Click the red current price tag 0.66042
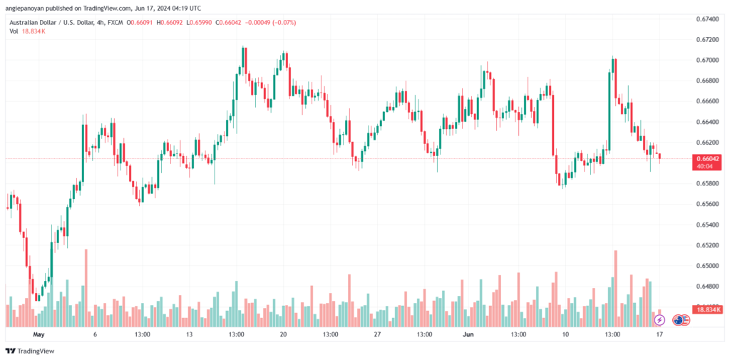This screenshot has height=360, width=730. coord(706,158)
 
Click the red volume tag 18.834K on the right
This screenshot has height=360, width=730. coord(706,309)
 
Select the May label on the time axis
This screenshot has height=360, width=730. coord(38,334)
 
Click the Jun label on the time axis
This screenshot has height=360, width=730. coord(468,334)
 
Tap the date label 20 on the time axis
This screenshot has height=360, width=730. coord(283,334)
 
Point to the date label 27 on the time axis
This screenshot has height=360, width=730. coord(377,334)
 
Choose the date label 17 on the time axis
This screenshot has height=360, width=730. coord(659,334)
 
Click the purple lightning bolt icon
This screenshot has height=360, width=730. coord(659,321)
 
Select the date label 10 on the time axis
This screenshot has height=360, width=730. coord(565,334)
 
